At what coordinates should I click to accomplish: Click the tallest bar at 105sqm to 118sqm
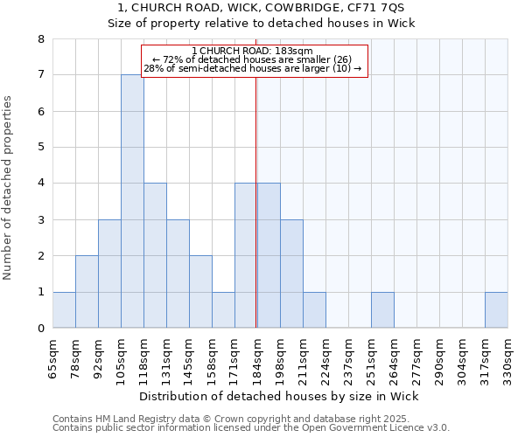132,201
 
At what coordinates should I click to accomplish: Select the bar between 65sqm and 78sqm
64,309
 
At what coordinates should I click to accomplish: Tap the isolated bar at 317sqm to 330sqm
496,309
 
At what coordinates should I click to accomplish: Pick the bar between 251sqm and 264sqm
382,309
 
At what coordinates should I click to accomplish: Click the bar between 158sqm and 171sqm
223,309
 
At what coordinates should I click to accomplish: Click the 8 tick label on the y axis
40,39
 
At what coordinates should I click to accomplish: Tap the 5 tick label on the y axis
40,147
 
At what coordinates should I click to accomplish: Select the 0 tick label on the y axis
40,329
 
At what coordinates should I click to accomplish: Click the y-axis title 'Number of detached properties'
8,188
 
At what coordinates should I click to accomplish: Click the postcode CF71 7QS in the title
378,7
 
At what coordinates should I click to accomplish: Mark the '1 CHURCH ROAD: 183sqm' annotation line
254,51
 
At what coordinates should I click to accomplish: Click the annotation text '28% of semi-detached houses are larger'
254,68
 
